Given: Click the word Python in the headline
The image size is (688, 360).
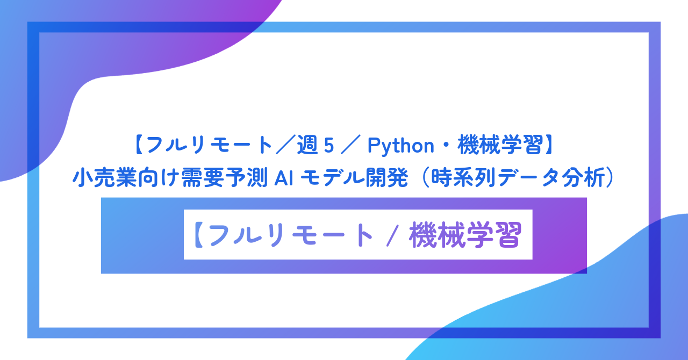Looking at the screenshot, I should click(401, 145).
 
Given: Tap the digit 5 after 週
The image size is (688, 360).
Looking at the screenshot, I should click(329, 146).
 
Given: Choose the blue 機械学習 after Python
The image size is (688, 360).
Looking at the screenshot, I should click(499, 145).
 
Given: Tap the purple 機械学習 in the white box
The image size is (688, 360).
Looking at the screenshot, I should click(465, 235).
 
